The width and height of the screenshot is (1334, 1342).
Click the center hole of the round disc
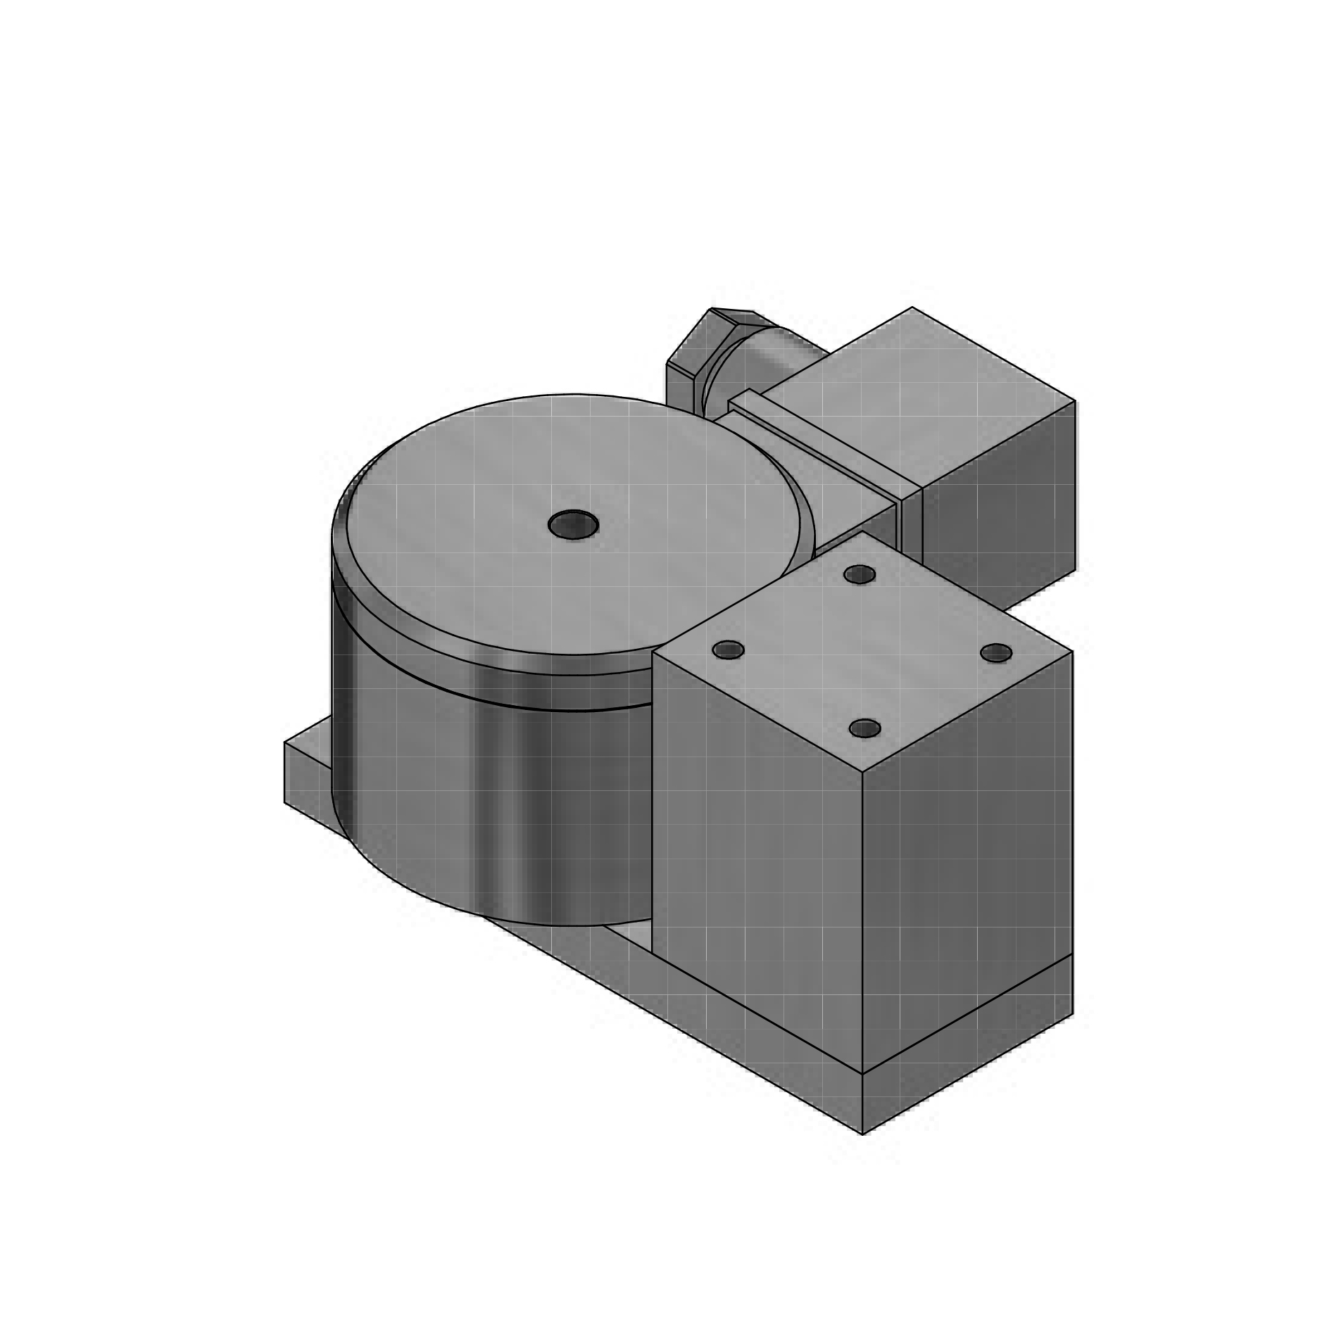(573, 524)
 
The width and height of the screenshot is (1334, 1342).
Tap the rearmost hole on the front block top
(859, 575)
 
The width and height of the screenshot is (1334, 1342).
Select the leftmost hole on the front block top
(728, 650)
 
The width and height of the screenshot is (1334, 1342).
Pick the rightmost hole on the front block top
(995, 653)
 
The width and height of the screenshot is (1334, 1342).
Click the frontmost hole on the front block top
(864, 728)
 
